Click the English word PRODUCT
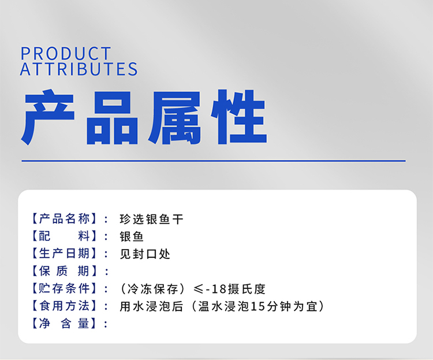pyautogui.click(x=66, y=53)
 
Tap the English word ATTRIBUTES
pyautogui.click(x=79, y=69)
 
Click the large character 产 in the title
pyautogui.click(x=48, y=117)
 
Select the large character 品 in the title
pyautogui.click(x=111, y=118)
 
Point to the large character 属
pyautogui.click(x=174, y=118)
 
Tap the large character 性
pyautogui.click(x=238, y=117)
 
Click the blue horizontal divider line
pyautogui.click(x=214, y=161)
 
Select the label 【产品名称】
pyautogui.click(x=64, y=218)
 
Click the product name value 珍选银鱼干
pyautogui.click(x=151, y=219)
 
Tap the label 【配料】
pyautogui.click(x=64, y=236)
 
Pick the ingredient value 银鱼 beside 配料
pyautogui.click(x=132, y=237)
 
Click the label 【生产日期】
pyautogui.click(x=64, y=254)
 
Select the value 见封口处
pyautogui.click(x=145, y=254)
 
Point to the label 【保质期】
pyautogui.click(x=64, y=271)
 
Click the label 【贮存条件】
pyautogui.click(x=64, y=288)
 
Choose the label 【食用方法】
pyautogui.click(x=64, y=306)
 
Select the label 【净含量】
pyautogui.click(x=64, y=323)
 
